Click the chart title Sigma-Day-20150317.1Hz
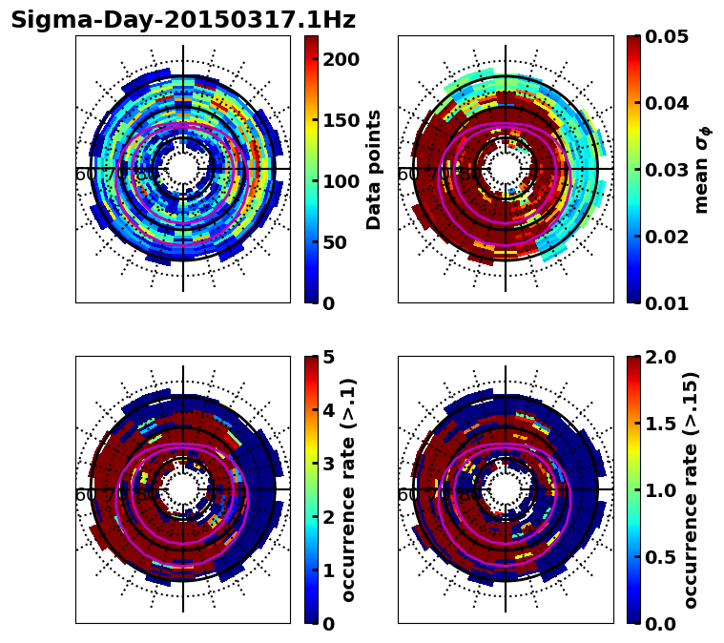(182, 20)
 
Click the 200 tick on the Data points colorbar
(341, 59)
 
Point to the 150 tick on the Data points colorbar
(341, 120)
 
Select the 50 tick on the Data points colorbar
(336, 242)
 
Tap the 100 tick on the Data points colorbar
(341, 181)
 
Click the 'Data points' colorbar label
(374, 169)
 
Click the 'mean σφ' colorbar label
(702, 169)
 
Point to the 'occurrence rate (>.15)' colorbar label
(692, 489)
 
